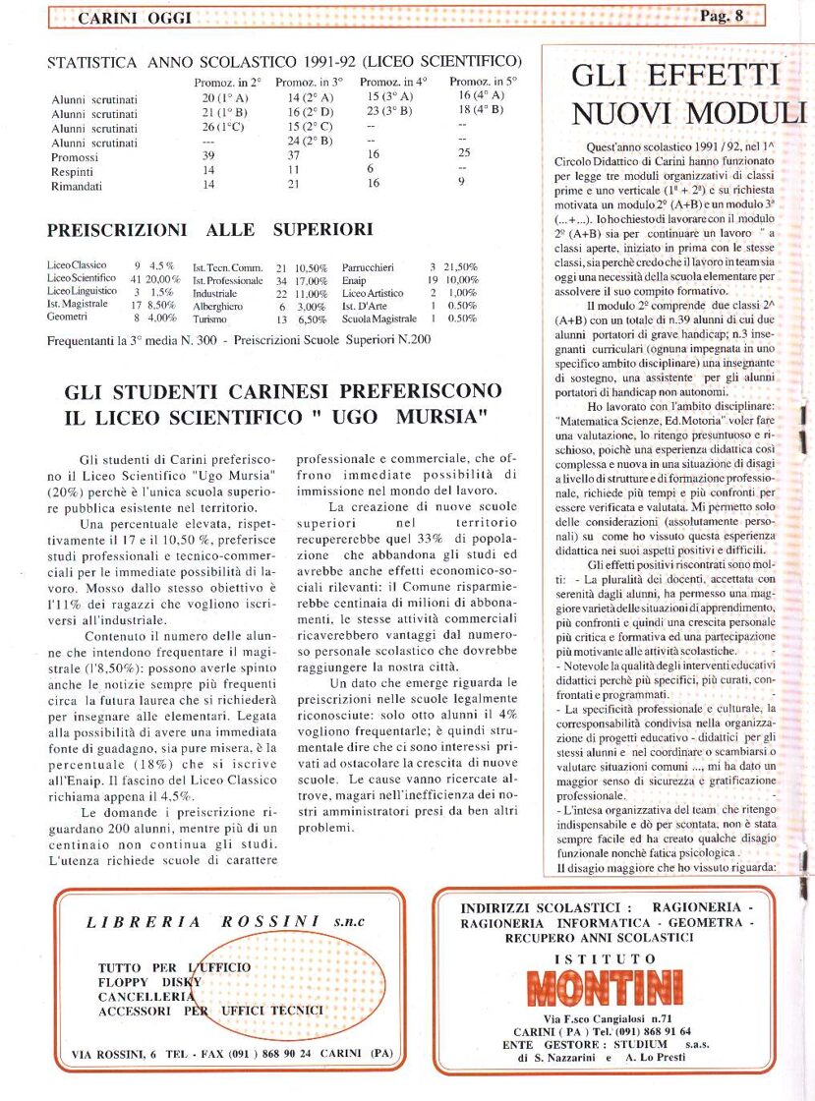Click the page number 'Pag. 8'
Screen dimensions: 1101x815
(x=722, y=15)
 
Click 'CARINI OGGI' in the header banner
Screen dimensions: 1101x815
(x=134, y=18)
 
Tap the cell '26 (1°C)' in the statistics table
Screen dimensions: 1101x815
(x=222, y=127)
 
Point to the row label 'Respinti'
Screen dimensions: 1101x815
(x=73, y=169)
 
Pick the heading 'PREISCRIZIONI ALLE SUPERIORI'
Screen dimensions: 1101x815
(x=210, y=230)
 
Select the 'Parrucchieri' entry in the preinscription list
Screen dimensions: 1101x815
(x=368, y=266)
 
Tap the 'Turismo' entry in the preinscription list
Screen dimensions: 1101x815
(x=210, y=319)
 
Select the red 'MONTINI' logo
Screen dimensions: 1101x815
(x=604, y=988)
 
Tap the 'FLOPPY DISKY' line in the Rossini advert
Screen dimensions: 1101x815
(x=149, y=981)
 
